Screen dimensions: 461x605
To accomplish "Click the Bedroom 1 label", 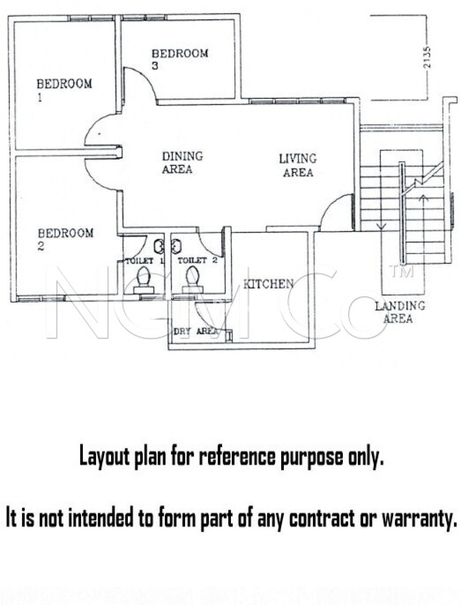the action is click(x=64, y=90).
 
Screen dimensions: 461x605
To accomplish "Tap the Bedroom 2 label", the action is click(x=66, y=239).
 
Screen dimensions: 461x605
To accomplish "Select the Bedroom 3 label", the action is click(x=180, y=59).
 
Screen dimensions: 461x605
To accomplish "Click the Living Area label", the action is click(x=298, y=165).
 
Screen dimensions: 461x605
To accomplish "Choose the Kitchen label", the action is click(x=268, y=284).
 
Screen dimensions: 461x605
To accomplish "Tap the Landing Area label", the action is click(x=400, y=312).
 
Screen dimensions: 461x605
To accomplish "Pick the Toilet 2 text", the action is click(x=197, y=260).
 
